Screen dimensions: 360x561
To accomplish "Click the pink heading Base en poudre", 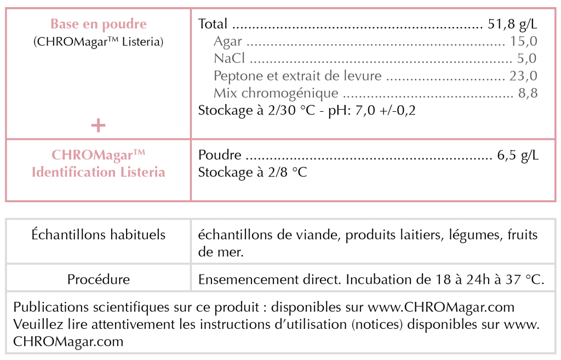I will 99,24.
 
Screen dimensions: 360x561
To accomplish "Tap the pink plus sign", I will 98,125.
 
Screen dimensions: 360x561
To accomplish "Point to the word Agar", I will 228,42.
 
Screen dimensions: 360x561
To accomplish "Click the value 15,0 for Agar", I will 523,42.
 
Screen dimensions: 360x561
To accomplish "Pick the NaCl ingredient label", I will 230,59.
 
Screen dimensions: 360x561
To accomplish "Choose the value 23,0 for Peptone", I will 523,76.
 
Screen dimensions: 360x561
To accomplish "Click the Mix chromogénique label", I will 276,93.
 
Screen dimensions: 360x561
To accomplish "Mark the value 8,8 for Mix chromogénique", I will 528,93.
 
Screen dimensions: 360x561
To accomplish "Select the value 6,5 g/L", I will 518,156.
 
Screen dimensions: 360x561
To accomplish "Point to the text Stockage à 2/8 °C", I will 253,173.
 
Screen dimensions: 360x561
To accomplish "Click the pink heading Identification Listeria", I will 99,172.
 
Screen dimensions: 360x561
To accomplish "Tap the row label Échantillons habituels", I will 99,235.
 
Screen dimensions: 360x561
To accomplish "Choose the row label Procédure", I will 99,279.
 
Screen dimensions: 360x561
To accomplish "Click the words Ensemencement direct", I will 270,279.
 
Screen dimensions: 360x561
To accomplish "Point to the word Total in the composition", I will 213,24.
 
